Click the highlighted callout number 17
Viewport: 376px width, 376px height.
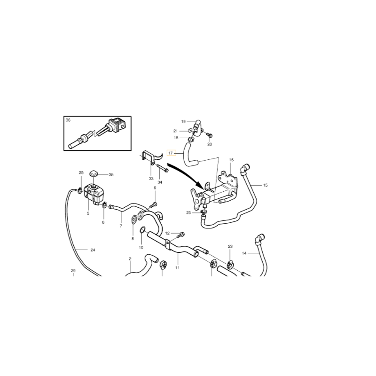pos(171,153)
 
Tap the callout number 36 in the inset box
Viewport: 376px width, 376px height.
pos(68,120)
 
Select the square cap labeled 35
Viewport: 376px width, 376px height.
pos(93,173)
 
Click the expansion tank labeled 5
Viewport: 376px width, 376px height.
pos(94,194)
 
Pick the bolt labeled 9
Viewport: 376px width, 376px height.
pos(154,205)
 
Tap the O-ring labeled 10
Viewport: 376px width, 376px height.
pos(142,230)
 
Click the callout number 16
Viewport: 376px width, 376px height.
pos(231,160)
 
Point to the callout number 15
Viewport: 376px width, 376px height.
pos(265,185)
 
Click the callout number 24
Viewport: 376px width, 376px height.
pos(93,250)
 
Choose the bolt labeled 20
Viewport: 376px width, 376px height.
pos(210,135)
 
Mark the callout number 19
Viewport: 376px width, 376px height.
pos(183,122)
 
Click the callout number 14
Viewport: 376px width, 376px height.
pos(244,253)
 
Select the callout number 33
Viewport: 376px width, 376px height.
pos(151,179)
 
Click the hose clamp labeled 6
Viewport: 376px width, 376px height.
pos(104,205)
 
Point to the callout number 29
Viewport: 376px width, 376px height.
pos(73,271)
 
